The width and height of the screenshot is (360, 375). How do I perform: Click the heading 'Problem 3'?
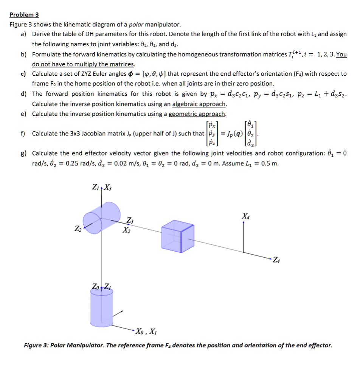click(x=24, y=15)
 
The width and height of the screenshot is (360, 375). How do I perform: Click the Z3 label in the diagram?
click(x=130, y=221)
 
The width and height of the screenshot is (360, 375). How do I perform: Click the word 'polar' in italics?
click(x=137, y=25)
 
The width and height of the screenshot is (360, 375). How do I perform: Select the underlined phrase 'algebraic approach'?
click(x=199, y=104)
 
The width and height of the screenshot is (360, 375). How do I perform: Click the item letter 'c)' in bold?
click(x=24, y=74)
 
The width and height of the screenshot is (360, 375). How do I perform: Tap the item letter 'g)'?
click(x=24, y=153)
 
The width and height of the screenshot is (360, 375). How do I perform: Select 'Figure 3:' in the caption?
click(x=36, y=345)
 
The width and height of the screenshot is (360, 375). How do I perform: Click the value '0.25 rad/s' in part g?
click(x=64, y=163)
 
